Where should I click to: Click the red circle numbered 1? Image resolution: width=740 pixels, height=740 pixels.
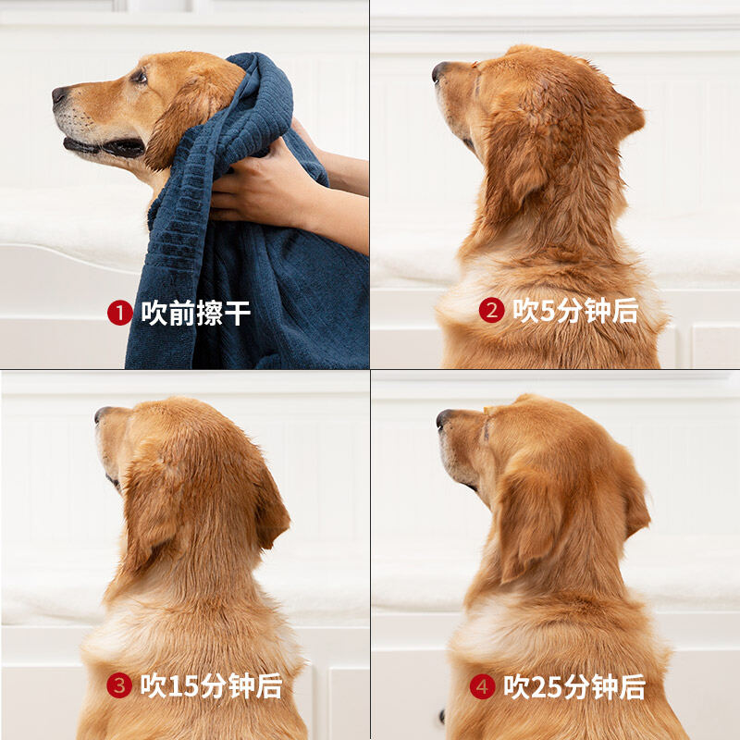(119, 314)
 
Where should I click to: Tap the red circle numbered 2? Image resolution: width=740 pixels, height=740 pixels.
(491, 311)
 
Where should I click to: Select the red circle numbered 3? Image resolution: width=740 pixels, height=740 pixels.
(119, 685)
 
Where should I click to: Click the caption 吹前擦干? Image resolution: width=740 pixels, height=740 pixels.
(196, 314)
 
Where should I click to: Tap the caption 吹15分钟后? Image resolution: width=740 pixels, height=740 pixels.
(212, 685)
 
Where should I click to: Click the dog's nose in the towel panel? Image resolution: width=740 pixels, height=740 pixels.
(60, 93)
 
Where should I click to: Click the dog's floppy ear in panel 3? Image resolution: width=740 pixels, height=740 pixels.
(268, 504)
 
